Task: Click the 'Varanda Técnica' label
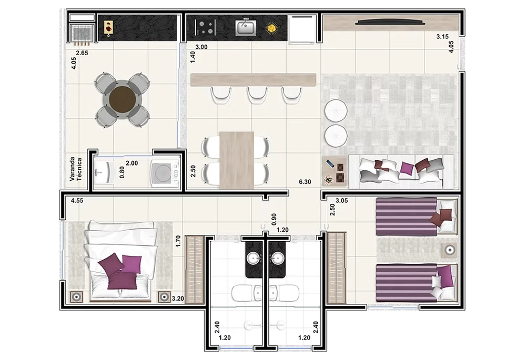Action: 76,170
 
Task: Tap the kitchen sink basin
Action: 246,27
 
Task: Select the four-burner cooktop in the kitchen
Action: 205,27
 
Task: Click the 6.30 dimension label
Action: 305,182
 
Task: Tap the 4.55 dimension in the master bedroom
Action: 77,201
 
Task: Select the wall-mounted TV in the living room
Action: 390,22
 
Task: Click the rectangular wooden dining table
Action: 237,160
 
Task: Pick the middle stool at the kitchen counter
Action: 257,95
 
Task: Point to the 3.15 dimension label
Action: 442,37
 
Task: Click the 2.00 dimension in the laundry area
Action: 132,163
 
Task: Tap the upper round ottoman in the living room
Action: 336,110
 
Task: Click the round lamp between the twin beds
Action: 450,250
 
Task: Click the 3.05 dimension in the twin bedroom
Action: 342,201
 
